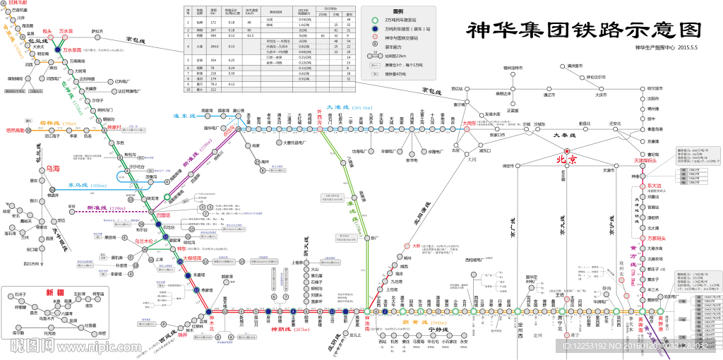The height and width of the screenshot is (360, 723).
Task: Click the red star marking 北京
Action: tap(566, 150)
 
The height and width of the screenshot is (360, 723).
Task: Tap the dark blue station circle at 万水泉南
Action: tap(57, 50)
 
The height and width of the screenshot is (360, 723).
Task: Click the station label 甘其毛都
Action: tap(18, 4)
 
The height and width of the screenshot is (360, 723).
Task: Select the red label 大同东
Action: tap(470, 123)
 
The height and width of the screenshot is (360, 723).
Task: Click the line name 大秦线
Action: tap(565, 135)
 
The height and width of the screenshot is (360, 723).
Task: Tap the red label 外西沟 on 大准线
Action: tap(321, 117)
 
